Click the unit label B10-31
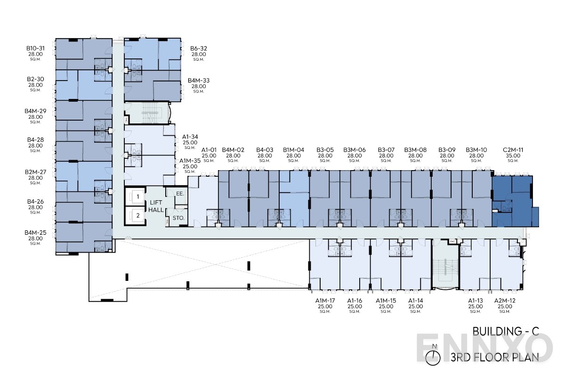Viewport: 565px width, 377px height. coord(35,48)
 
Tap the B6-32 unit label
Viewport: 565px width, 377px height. coord(199,48)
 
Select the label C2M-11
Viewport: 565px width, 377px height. coord(513,150)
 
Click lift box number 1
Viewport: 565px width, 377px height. coord(137,196)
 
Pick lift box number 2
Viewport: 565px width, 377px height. coord(137,216)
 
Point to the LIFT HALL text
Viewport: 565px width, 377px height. coord(155,205)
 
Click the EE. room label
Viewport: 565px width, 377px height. coord(180,193)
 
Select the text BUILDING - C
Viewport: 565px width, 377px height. coord(506,332)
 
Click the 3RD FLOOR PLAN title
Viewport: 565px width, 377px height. coord(494,357)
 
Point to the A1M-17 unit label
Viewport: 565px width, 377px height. coord(325,301)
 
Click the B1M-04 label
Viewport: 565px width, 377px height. coord(294,150)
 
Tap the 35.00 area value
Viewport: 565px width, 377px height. coord(513,156)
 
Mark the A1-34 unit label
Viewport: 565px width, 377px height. coord(190,137)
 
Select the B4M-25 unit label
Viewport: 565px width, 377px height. coord(35,232)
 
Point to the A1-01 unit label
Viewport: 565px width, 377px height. coord(209,150)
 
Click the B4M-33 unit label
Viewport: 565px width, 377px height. coord(199,81)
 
